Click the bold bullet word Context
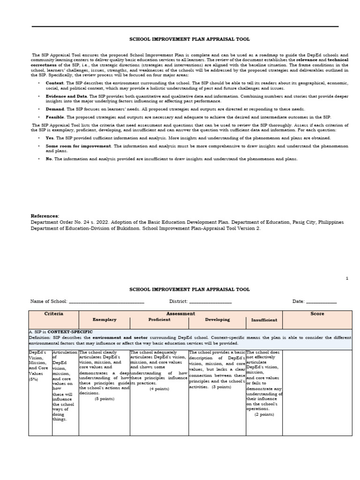(54, 82)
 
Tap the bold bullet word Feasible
(55, 117)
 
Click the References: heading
(45, 216)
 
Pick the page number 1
(347, 278)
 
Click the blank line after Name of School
(106, 302)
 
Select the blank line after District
(210, 302)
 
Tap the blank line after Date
(321, 302)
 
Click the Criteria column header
(53, 314)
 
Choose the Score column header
(317, 314)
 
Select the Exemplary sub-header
(104, 320)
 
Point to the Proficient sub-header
(159, 320)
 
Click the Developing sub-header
(217, 320)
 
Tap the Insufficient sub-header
(264, 320)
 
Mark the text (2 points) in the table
(264, 414)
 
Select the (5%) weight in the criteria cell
(34, 379)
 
